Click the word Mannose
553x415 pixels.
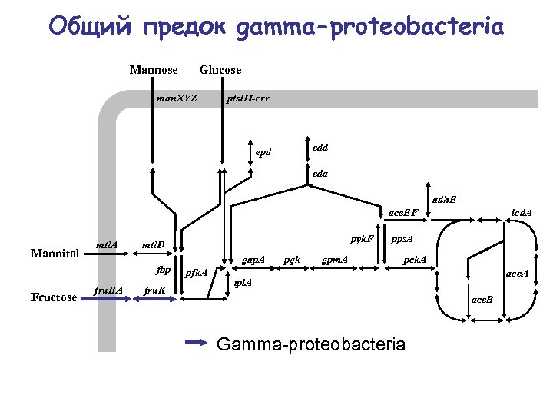(x=154, y=70)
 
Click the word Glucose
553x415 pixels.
(x=220, y=70)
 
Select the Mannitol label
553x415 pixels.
(x=55, y=252)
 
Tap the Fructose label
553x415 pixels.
(x=55, y=297)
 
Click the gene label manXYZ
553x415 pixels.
(x=177, y=98)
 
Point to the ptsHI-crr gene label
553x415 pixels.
(x=247, y=98)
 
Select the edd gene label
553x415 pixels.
(x=320, y=146)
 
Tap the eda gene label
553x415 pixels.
(x=320, y=174)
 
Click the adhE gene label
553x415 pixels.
(x=444, y=199)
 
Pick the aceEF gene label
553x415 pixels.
(x=402, y=211)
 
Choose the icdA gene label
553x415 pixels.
(x=522, y=211)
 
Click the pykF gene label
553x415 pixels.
(x=362, y=239)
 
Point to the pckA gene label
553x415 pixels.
(x=416, y=259)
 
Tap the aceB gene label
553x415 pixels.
(x=482, y=298)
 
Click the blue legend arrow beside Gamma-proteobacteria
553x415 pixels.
(x=197, y=342)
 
